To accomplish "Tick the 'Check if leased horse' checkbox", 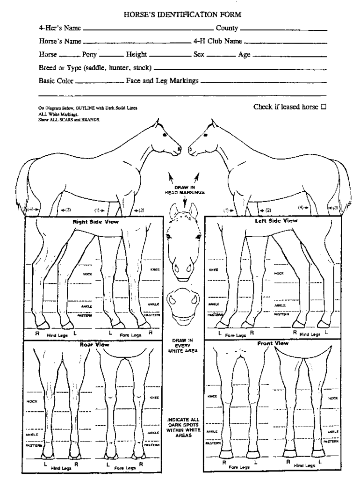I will tap(323, 107).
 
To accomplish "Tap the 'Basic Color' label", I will tap(56, 81).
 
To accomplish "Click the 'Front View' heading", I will tap(273, 343).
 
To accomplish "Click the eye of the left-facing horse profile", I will tap(195, 135).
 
